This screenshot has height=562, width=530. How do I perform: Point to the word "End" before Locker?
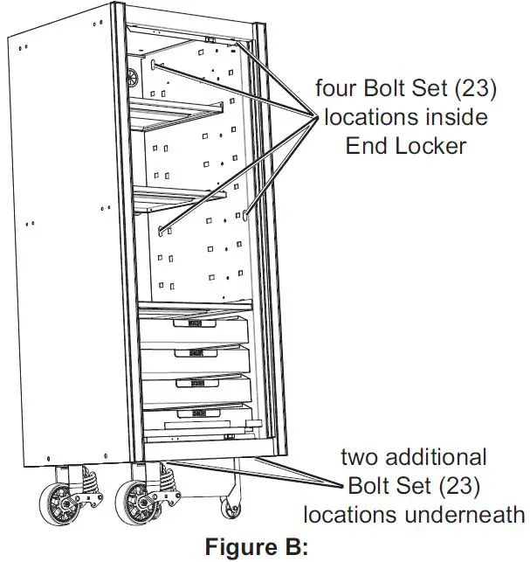(365, 145)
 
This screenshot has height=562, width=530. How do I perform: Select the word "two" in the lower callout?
(360, 456)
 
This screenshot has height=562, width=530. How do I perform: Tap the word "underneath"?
(465, 514)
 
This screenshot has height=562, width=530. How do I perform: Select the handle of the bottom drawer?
(193, 412)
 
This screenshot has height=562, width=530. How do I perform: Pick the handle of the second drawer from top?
(192, 353)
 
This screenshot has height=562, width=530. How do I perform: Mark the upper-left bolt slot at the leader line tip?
(155, 65)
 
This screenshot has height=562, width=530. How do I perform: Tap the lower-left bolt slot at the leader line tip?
(162, 230)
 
